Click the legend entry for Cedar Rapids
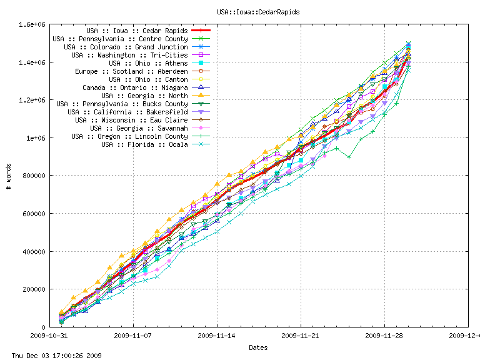coord(137,31)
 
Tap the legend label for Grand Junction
coord(126,47)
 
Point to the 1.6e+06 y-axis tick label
coord(29,24)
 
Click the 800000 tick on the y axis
coord(31,176)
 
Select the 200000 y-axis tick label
coord(31,289)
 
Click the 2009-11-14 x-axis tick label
coord(217,336)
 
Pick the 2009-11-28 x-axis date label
coord(384,336)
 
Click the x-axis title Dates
coord(259,347)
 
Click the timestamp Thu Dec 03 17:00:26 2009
coord(52,355)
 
